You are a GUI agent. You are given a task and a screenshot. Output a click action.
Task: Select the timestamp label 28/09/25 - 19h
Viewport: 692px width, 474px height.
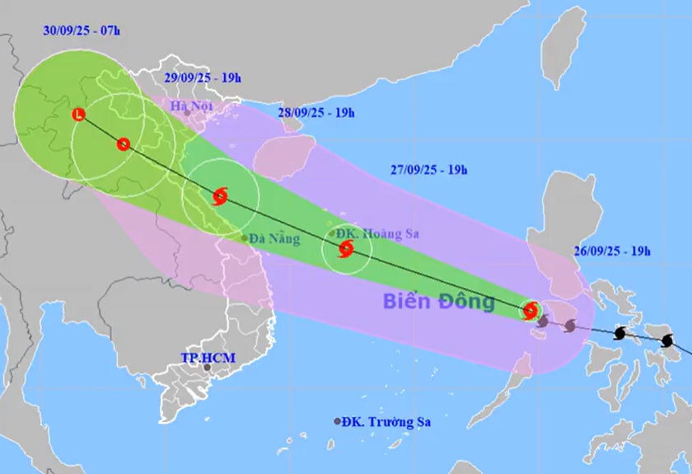tap(316, 112)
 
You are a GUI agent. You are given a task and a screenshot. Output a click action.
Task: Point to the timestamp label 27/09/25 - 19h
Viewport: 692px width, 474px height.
tap(429, 171)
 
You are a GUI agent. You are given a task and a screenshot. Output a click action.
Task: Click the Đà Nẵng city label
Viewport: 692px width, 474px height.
tap(274, 239)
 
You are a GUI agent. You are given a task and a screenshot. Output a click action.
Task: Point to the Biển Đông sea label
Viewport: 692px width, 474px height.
tap(438, 302)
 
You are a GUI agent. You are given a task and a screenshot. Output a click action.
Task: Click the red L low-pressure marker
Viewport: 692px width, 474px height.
tap(79, 115)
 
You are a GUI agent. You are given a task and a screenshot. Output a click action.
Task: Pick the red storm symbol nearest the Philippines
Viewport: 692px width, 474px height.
tap(531, 311)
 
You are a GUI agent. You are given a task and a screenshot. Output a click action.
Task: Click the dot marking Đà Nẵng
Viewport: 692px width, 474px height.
tap(244, 239)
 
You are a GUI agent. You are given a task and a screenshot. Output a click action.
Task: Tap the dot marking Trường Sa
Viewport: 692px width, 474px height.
tap(337, 421)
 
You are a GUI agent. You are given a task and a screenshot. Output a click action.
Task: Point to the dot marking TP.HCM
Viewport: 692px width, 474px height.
tap(207, 367)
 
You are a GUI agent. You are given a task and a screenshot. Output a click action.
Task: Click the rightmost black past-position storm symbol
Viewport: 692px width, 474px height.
tap(667, 340)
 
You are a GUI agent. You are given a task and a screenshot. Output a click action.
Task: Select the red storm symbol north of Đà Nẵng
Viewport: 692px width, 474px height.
tap(220, 196)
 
